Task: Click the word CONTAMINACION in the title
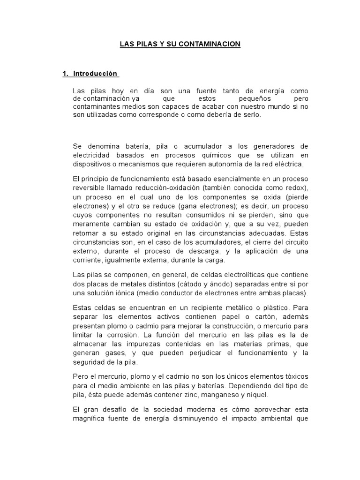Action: coord(212,44)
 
